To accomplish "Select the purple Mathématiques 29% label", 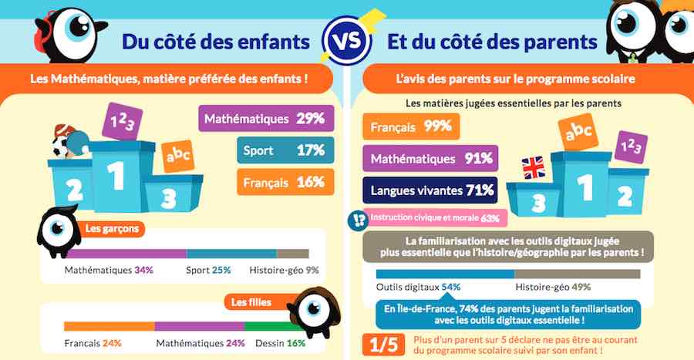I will coord(267,119).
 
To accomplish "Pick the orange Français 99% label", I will coord(411,126).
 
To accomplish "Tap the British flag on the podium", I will coord(533,167).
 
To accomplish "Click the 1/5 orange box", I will coord(381,344).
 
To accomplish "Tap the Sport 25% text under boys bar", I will coord(208,271).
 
